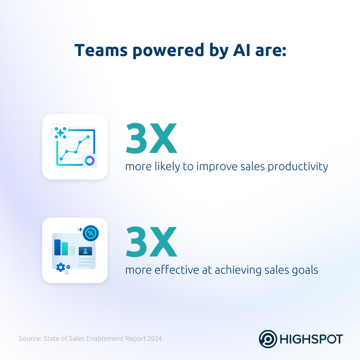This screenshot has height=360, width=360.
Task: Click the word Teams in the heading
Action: coord(101,50)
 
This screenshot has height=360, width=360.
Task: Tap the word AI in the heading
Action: coord(242,50)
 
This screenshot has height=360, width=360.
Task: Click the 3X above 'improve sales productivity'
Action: coord(152,138)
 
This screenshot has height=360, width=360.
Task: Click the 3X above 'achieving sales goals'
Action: coord(152,242)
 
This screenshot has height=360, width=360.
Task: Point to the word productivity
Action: coord(298,167)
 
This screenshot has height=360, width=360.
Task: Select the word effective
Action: coord(177,270)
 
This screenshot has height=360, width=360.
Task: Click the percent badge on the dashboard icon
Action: coord(91,233)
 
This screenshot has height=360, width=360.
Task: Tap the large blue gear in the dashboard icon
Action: coord(61,267)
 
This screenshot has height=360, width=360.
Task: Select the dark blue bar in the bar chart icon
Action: coord(57,247)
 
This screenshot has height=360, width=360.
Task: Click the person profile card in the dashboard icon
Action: coord(85,251)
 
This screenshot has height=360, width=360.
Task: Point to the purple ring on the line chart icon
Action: coord(90,161)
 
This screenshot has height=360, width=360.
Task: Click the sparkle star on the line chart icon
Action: coord(60,133)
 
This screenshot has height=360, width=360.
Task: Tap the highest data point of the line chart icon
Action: coord(88,137)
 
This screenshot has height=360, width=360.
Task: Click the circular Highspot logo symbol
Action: coord(268,339)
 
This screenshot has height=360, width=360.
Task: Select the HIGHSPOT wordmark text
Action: coord(311,339)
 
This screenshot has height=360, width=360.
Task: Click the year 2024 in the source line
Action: coord(155,339)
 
